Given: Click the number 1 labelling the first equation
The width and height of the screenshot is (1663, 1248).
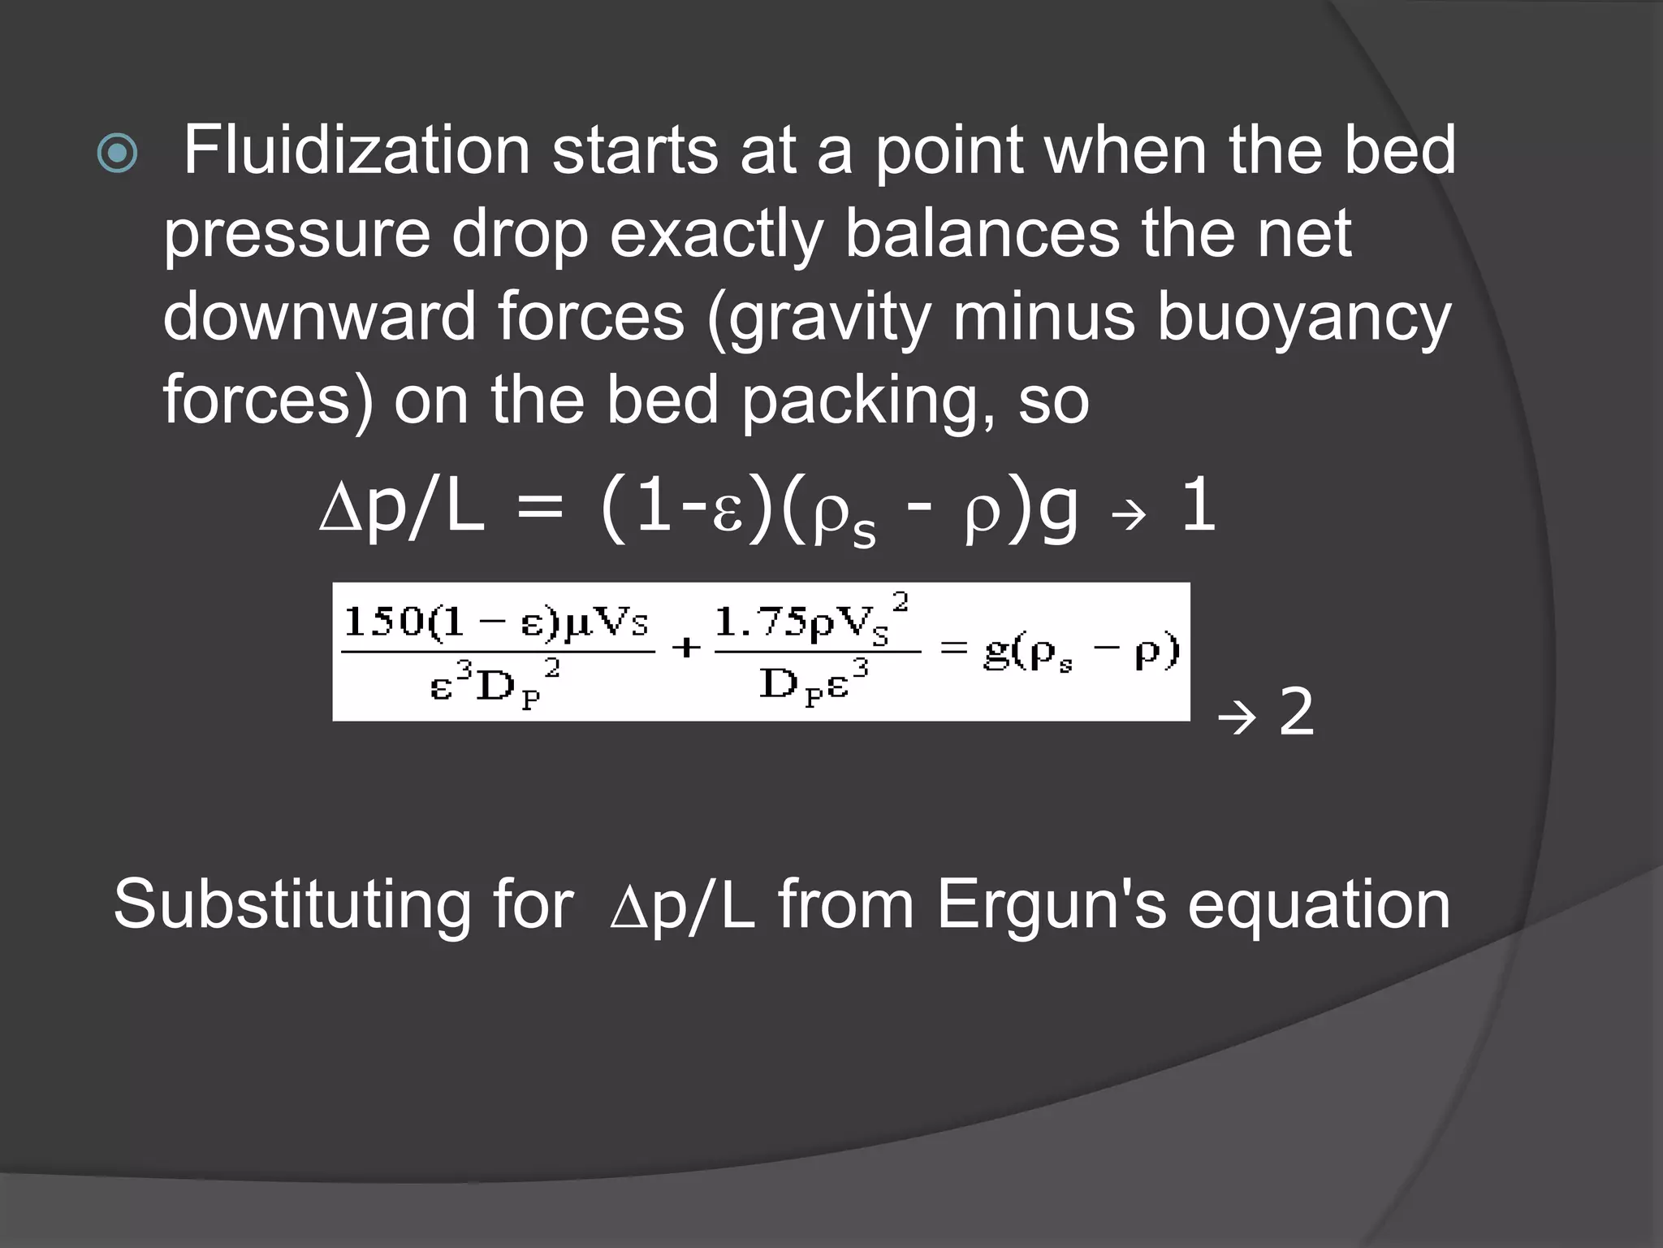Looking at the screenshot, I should pyautogui.click(x=1199, y=508).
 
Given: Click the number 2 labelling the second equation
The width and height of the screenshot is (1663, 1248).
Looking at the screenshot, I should pyautogui.click(x=1296, y=713).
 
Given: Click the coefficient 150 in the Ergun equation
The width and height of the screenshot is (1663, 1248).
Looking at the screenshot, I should pyautogui.click(x=383, y=624).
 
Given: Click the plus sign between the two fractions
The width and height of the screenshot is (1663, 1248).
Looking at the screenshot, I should pyautogui.click(x=686, y=648).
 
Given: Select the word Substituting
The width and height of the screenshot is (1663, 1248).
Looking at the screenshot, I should pyautogui.click(x=292, y=906).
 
